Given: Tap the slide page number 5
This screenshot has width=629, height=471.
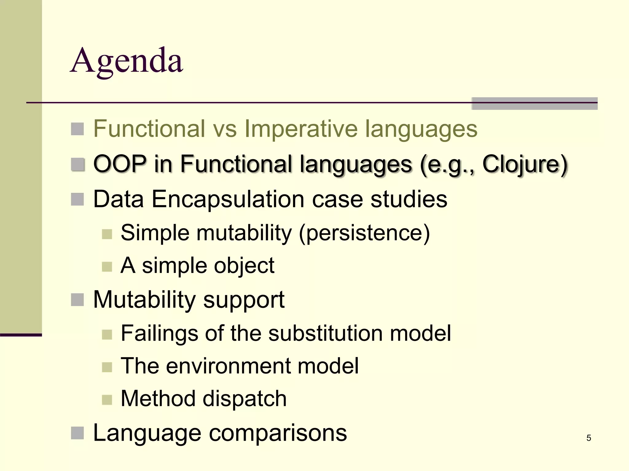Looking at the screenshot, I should (588, 438).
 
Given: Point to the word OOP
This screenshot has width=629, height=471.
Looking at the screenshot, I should (120, 164).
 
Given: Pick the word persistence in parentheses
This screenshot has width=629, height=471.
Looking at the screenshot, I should (364, 233).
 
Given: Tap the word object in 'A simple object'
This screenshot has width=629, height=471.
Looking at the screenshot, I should (244, 266).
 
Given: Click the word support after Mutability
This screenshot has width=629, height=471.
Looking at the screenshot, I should (244, 300).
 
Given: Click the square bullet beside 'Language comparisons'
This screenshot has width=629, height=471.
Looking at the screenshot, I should (77, 433).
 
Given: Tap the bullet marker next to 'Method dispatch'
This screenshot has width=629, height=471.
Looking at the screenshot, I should (107, 400).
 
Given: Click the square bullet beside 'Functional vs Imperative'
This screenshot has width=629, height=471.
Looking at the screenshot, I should (77, 129).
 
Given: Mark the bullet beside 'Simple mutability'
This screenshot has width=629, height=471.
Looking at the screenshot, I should (107, 234).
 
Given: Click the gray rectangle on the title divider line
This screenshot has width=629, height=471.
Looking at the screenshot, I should (534, 103).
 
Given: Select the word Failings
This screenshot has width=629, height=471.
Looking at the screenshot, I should (159, 333).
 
